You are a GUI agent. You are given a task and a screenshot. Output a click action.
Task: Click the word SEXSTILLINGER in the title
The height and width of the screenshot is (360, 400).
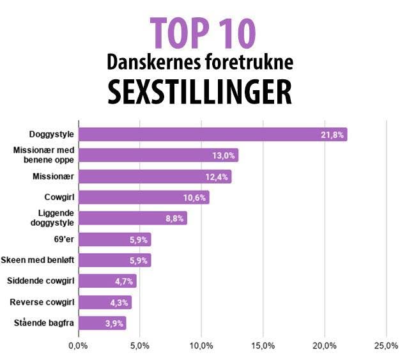click(x=200, y=92)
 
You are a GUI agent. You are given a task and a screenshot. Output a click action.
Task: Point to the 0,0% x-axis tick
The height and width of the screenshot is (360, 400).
click(x=77, y=346)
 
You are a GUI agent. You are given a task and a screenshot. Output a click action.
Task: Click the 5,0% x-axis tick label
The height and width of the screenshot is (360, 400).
click(x=139, y=346)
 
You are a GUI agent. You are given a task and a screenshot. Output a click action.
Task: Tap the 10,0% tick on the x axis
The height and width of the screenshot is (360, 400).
click(x=201, y=346)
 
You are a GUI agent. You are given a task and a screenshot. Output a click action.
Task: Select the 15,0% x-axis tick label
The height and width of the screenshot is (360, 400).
click(x=263, y=346)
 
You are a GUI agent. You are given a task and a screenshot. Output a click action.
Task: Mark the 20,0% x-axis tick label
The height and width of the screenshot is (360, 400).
click(x=325, y=346)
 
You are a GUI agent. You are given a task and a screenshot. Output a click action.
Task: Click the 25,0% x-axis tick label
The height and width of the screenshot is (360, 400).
click(x=385, y=346)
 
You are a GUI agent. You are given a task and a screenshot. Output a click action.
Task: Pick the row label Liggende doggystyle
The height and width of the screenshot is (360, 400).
click(x=56, y=218)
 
